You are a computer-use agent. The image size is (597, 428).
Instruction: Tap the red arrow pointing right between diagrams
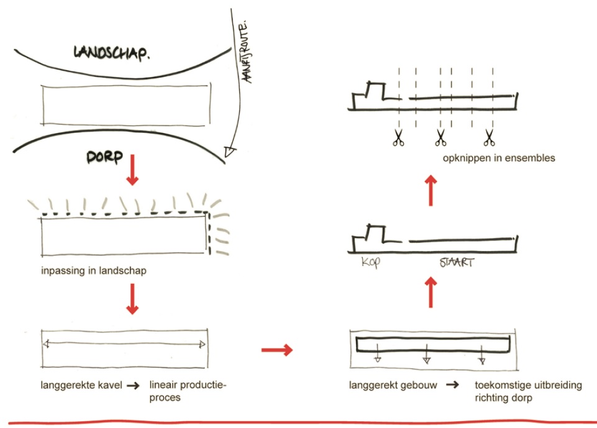(x=276, y=351)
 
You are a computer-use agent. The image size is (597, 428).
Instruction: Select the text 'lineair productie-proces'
(x=188, y=391)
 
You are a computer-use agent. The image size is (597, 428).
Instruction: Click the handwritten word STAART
(x=453, y=263)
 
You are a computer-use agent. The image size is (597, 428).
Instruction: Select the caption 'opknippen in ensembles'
(x=499, y=158)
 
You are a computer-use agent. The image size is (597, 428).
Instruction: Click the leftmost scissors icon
(x=398, y=137)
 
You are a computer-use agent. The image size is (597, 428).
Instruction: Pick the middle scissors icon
(x=440, y=137)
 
